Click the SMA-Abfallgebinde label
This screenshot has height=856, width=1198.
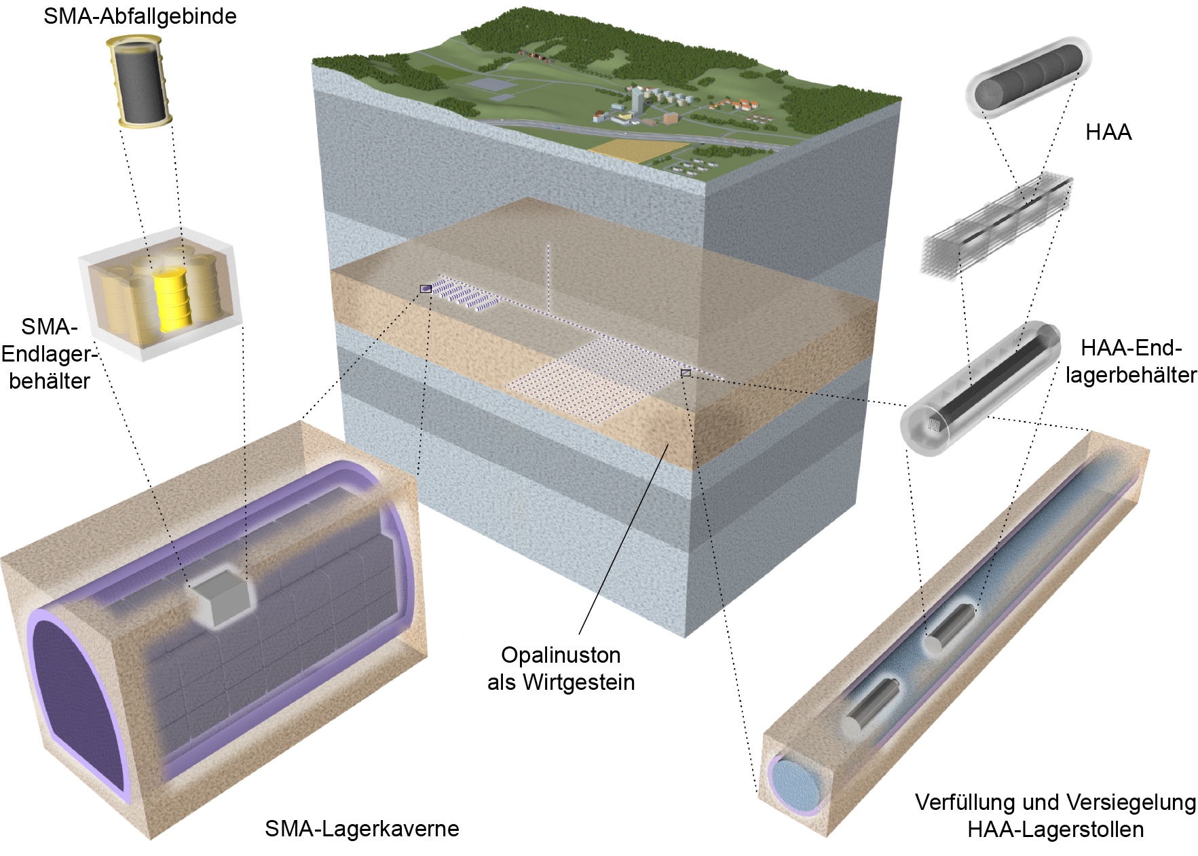[x=140, y=16]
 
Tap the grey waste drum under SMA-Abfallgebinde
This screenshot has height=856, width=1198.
[x=139, y=82]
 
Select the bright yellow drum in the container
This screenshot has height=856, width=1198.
[x=172, y=299]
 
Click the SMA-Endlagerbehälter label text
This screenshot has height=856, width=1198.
[x=49, y=353]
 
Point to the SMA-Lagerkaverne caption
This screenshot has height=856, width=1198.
[x=362, y=828]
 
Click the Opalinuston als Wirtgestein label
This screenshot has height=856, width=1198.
[x=561, y=668]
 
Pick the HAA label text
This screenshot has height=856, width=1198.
[x=1108, y=132]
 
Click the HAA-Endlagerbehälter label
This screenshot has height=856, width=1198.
[x=1130, y=361]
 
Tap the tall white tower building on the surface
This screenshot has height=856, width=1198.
[x=637, y=101]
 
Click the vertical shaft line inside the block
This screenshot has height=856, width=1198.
[x=548, y=278]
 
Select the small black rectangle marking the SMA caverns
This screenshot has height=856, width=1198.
[x=426, y=289]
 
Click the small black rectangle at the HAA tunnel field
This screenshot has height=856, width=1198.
[x=686, y=373]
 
